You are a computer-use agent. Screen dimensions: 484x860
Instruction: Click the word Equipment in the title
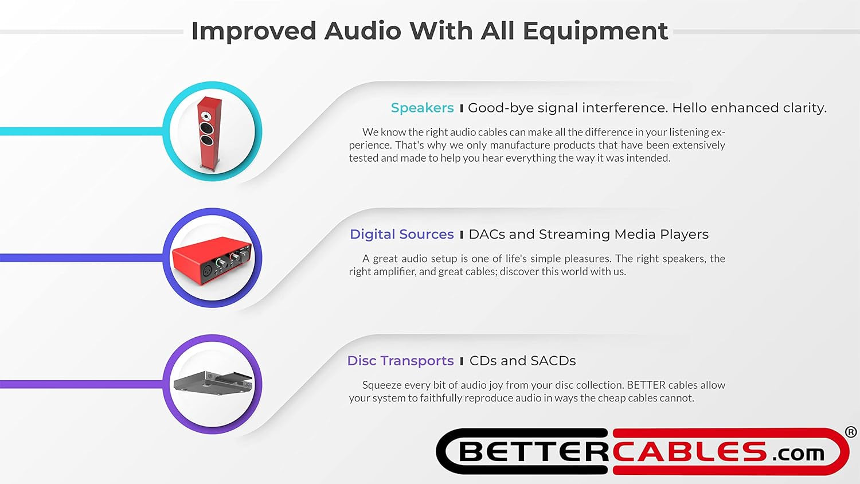click(x=595, y=32)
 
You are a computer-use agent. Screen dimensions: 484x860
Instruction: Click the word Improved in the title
click(x=253, y=32)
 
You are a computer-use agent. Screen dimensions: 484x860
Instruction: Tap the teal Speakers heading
click(x=422, y=108)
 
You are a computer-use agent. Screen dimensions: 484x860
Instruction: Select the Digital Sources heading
click(x=401, y=235)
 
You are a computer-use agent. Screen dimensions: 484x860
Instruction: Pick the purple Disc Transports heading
click(x=400, y=361)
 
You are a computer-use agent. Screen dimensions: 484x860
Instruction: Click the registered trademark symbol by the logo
click(x=851, y=432)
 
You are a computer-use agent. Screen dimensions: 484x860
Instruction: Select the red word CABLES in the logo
click(x=689, y=452)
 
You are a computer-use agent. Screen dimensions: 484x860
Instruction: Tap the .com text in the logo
click(x=798, y=454)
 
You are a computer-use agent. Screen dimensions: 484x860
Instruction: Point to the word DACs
click(x=487, y=235)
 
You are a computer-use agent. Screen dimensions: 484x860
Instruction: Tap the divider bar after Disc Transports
click(x=462, y=361)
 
